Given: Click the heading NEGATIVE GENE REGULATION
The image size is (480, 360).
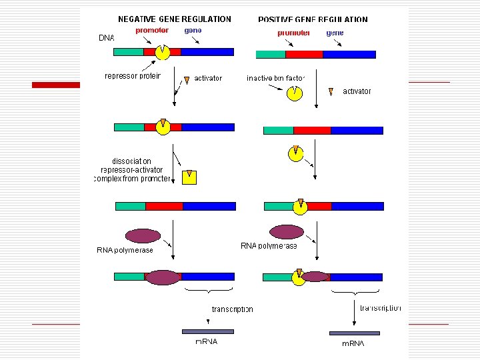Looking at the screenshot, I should pos(175,19).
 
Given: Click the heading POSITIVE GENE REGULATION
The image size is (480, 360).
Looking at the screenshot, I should pos(313,20).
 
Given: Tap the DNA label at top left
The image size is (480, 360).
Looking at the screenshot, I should pos(107,38).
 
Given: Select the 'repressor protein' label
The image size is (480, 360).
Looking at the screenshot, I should pos(133,76).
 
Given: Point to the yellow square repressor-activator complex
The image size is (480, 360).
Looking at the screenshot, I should pos(190,177).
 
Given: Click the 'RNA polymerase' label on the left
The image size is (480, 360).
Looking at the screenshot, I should pos(125,250).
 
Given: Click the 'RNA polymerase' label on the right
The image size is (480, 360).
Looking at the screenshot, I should pos(269,246).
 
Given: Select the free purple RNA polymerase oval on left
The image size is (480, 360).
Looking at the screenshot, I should pos(143,235).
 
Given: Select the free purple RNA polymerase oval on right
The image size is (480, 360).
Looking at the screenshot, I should pos(286,231).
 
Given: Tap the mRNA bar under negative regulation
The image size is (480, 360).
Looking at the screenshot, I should pos(207,331).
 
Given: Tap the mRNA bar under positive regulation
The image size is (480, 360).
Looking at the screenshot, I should pos(354,333).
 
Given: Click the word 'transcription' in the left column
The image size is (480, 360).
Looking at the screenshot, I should pos(232,309).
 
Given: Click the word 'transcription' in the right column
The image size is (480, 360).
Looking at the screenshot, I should pos(380,308).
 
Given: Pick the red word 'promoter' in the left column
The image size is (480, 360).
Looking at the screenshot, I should pos(152,30).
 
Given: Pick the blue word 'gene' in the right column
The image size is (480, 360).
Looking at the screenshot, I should pos(335,32).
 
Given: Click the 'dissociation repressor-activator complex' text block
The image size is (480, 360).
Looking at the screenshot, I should pos(132,170).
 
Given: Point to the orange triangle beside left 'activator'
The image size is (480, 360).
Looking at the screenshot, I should pos(187,80).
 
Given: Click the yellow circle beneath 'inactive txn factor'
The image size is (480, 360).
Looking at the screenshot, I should pos(294,93).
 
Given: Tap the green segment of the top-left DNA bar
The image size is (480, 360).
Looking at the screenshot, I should pos(129,51).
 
